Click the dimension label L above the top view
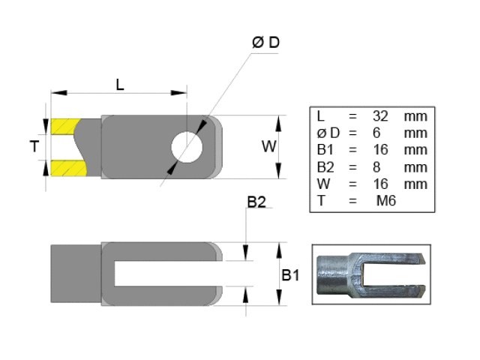pyautogui.click(x=120, y=84)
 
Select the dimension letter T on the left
pyautogui.click(x=34, y=147)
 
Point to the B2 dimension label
pyautogui.click(x=257, y=202)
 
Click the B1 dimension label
pyautogui.click(x=289, y=275)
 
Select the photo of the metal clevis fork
pyautogui.click(x=370, y=275)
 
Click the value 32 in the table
pyautogui.click(x=380, y=117)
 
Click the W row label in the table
pyautogui.click(x=321, y=184)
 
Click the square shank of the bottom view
pyautogui.click(x=75, y=274)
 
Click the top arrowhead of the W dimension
pyautogui.click(x=279, y=121)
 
